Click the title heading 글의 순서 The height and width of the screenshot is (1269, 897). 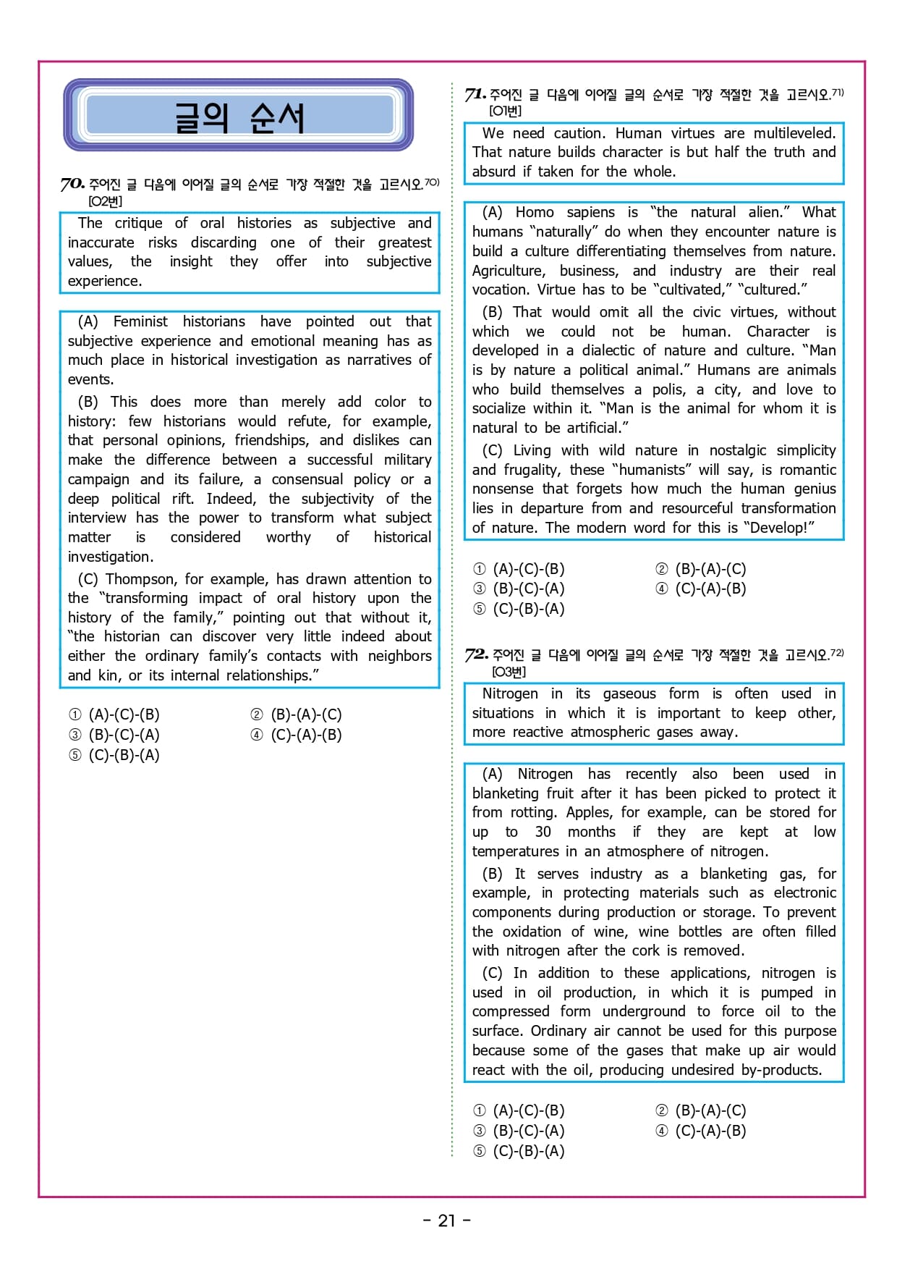tap(239, 117)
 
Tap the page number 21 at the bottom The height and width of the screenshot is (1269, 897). tap(446, 1220)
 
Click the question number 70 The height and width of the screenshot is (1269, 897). tap(72, 184)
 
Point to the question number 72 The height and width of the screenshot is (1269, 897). tap(476, 654)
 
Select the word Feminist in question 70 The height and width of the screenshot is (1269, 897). tap(140, 321)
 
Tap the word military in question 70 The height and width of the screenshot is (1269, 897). tap(407, 460)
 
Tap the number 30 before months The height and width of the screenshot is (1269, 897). tap(543, 832)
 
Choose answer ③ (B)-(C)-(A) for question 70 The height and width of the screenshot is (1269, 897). tap(114, 735)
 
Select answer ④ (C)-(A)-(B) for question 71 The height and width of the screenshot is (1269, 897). tap(701, 589)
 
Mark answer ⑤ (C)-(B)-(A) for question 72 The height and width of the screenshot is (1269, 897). tap(519, 1151)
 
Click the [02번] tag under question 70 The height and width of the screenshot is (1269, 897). tap(105, 201)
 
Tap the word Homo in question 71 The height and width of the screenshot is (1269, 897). tap(535, 212)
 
